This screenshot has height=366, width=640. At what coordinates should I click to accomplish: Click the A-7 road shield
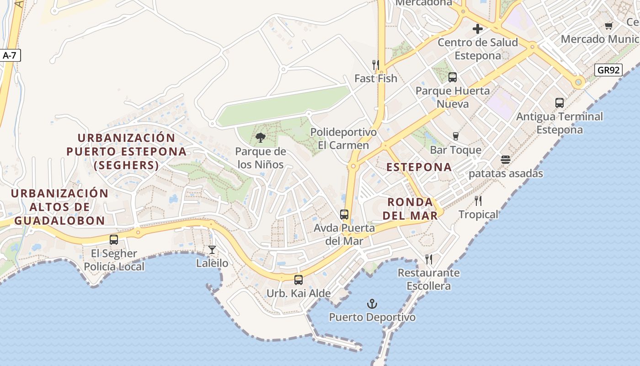pyautogui.click(x=10, y=56)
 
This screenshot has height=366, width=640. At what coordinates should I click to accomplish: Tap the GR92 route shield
pyautogui.click(x=608, y=70)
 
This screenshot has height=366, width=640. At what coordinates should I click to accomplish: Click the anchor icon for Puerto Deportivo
pyautogui.click(x=372, y=304)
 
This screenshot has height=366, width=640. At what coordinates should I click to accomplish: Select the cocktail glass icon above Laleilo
pyautogui.click(x=212, y=249)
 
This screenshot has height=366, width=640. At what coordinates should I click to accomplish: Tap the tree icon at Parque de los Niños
pyautogui.click(x=260, y=137)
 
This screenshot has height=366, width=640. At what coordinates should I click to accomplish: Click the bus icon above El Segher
pyautogui.click(x=114, y=239)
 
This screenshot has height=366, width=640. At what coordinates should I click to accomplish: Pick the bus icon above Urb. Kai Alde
pyautogui.click(x=299, y=280)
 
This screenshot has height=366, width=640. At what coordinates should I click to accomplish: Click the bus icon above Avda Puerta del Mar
pyautogui.click(x=344, y=214)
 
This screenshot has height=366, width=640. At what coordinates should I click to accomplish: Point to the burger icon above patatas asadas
pyautogui.click(x=505, y=160)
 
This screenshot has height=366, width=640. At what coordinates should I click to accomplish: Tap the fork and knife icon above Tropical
pyautogui.click(x=478, y=200)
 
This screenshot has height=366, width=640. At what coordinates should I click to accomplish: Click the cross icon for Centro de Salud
pyautogui.click(x=478, y=29)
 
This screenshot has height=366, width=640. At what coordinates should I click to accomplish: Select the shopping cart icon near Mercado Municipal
pyautogui.click(x=608, y=26)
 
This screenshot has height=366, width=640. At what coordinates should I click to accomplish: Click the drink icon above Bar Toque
pyautogui.click(x=455, y=136)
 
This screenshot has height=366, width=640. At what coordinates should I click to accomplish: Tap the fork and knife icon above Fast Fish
pyautogui.click(x=376, y=65)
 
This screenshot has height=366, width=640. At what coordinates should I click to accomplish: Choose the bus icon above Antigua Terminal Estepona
pyautogui.click(x=560, y=102)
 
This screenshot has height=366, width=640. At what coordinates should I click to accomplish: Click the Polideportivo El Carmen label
pyautogui.click(x=344, y=139)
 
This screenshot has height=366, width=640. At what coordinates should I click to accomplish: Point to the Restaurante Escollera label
pyautogui.click(x=428, y=279)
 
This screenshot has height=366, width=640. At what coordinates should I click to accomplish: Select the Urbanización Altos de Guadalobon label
pyautogui.click(x=59, y=207)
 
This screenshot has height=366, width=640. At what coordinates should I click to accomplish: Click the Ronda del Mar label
pyautogui.click(x=410, y=209)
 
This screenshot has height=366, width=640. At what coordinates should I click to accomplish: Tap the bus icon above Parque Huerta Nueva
pyautogui.click(x=452, y=77)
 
